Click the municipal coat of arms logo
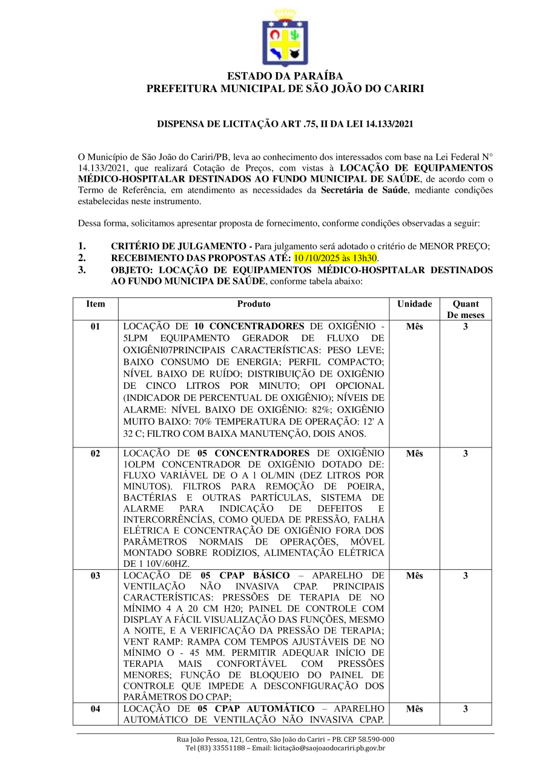(x=285, y=38)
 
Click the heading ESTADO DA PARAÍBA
(x=285, y=76)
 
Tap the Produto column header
(x=254, y=304)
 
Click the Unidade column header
(x=414, y=304)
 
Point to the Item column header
(x=96, y=304)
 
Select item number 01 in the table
(x=96, y=327)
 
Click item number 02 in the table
(x=96, y=454)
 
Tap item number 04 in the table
(x=96, y=709)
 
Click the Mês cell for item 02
(x=414, y=454)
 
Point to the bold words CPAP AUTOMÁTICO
(x=265, y=709)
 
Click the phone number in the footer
(x=211, y=748)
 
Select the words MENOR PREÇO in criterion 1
(x=460, y=246)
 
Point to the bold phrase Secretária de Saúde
(x=359, y=190)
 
